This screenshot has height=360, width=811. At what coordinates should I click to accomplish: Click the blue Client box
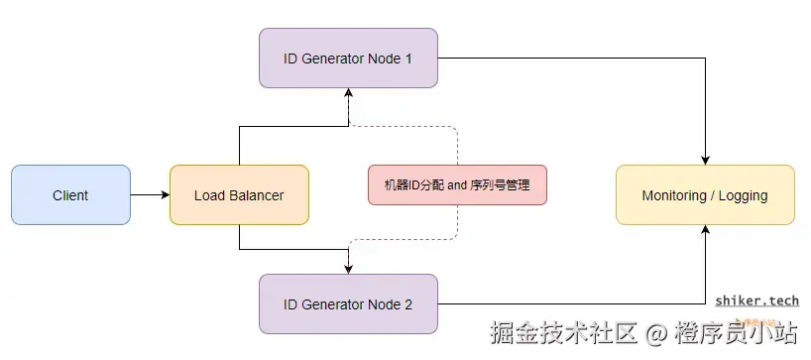click(x=70, y=195)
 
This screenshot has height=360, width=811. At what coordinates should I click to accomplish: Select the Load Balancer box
click(x=239, y=195)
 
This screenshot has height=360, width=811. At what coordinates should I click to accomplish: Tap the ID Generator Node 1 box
click(x=348, y=59)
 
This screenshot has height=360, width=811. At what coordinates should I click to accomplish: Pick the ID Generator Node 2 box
click(x=348, y=304)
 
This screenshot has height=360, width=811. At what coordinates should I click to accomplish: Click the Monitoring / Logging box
click(x=705, y=195)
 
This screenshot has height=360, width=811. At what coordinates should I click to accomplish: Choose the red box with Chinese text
click(x=457, y=185)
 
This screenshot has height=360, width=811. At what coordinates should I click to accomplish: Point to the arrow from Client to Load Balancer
click(x=150, y=195)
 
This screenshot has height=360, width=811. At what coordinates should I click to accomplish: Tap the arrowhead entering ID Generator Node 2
click(x=349, y=268)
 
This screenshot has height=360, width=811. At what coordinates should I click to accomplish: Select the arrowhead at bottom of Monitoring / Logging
click(x=705, y=230)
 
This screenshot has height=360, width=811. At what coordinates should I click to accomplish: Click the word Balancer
click(x=256, y=195)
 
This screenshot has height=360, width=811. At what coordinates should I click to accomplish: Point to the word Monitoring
click(x=673, y=195)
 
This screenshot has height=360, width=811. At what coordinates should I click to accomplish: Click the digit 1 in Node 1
click(x=408, y=59)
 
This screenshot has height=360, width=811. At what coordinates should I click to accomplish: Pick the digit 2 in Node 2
click(x=408, y=304)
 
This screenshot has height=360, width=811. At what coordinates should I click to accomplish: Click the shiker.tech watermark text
click(x=756, y=300)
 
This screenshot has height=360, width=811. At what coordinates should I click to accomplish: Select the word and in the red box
click(x=457, y=185)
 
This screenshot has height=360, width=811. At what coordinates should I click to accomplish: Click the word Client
click(x=70, y=195)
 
